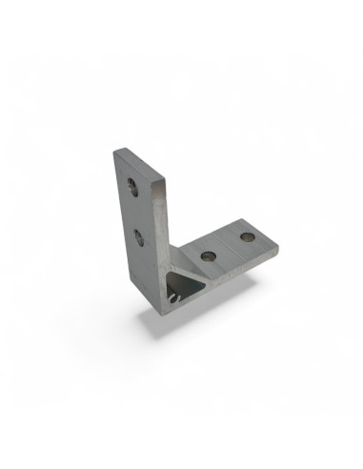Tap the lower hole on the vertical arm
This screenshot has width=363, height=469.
[x=139, y=234]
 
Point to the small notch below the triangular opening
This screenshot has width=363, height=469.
[x=171, y=303]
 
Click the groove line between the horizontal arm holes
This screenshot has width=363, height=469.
[x=227, y=246]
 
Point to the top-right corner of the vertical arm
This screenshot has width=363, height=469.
[x=166, y=159]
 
